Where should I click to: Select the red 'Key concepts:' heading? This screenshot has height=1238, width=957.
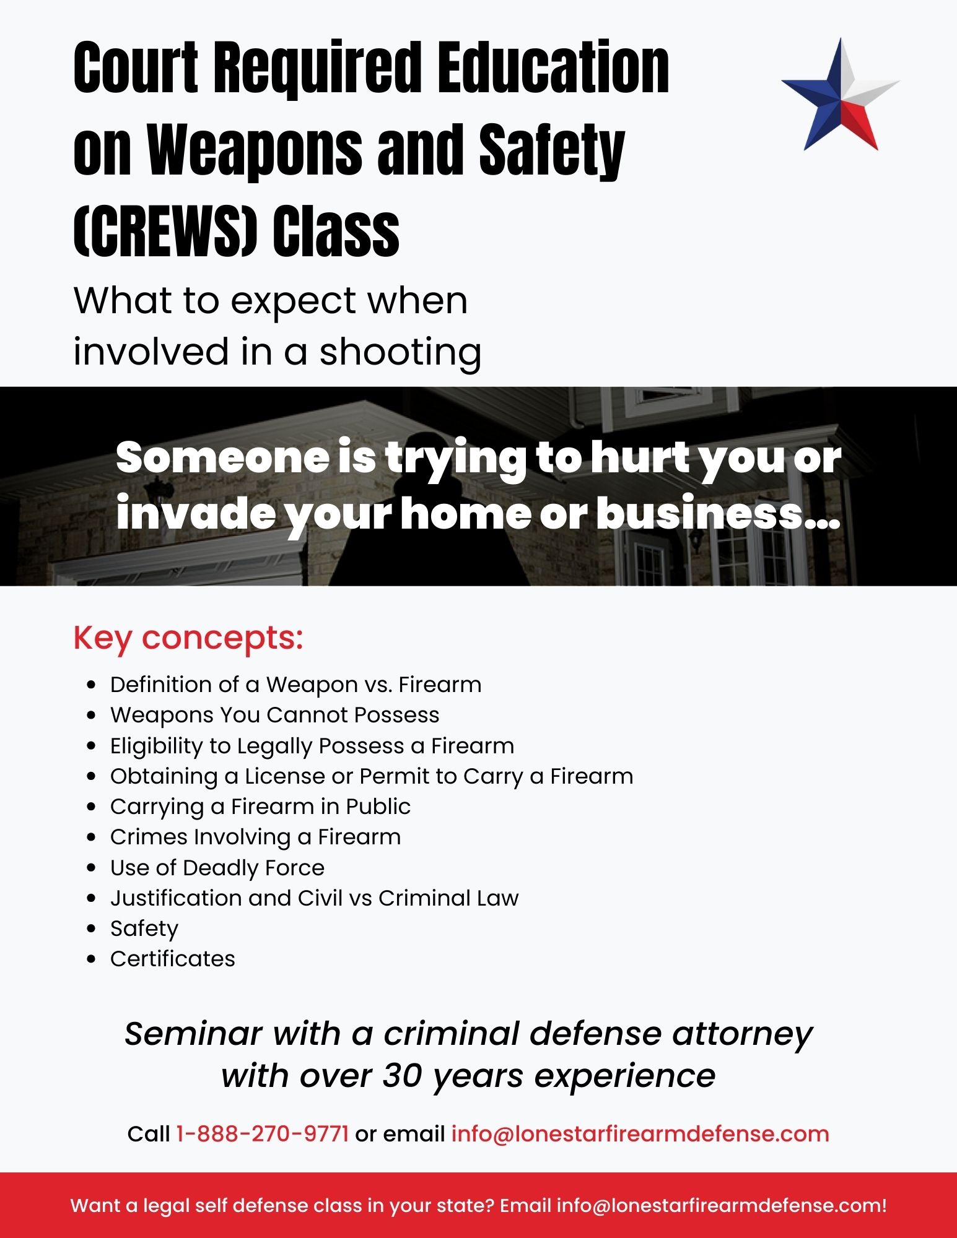[188, 638]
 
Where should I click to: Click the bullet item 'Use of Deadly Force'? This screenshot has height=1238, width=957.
[217, 868]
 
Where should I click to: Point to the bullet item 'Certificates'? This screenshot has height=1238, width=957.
[173, 959]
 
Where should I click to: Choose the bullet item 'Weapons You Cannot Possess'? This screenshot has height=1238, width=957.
[275, 715]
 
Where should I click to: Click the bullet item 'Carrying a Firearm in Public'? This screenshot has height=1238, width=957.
[260, 807]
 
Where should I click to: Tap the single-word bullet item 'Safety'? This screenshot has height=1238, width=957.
[144, 928]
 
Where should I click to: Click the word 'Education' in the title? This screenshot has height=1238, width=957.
[553, 67]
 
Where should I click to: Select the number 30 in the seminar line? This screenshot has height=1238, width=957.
[403, 1076]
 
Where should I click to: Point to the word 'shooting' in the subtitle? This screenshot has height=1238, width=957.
[400, 352]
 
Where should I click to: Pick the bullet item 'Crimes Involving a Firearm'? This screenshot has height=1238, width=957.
[256, 837]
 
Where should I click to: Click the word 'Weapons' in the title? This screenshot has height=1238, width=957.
[255, 150]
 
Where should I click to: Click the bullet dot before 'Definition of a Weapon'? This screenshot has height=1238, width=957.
[92, 685]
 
